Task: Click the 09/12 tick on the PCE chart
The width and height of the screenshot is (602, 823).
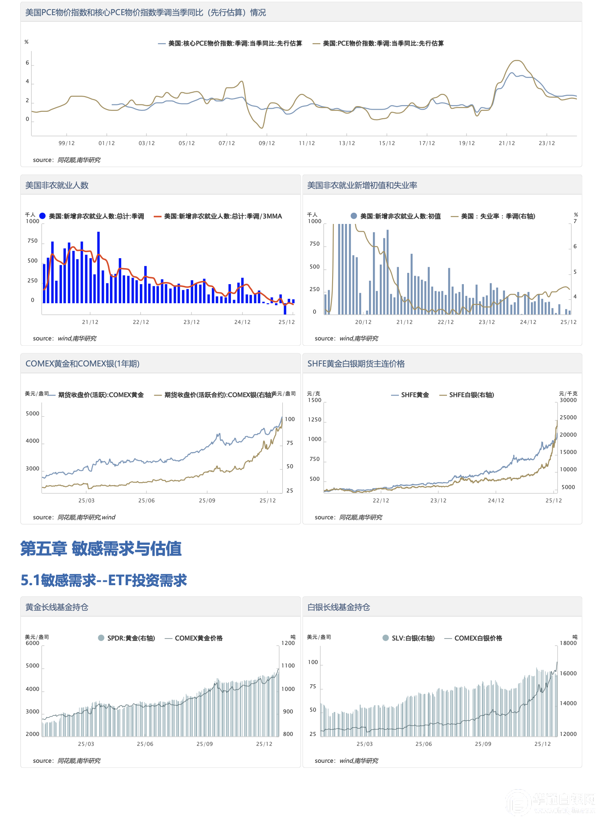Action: pos(267,143)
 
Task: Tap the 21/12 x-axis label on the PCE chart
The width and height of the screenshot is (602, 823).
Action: pos(507,143)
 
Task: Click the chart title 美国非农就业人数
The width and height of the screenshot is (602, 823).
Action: pos(57,185)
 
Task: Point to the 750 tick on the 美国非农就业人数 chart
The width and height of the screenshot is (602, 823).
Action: pos(32,241)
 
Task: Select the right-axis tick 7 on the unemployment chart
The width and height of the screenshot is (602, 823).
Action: pos(575,221)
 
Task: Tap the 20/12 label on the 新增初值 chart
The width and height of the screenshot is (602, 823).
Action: pos(363,322)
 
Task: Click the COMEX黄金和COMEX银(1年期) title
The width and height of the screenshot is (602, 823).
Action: pos(82,364)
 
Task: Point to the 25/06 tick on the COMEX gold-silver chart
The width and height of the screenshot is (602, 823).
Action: pos(146,501)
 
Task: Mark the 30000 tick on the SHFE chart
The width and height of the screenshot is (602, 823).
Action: pos(568,400)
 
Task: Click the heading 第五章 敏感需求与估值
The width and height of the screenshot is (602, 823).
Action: pos(101,548)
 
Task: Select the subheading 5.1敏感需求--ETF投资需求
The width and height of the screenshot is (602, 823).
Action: pos(104,580)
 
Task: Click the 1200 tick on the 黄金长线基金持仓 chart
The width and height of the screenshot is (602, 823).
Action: pos(288,643)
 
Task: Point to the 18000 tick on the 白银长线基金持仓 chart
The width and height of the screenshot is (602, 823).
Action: pos(568,643)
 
